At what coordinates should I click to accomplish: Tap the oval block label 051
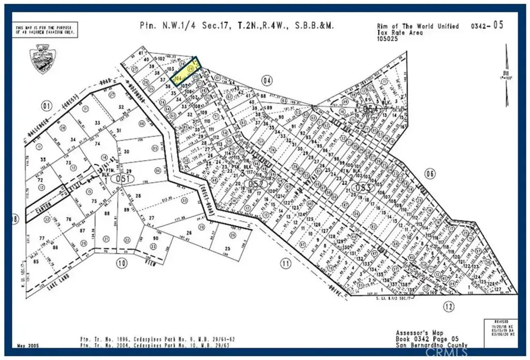click(122, 179)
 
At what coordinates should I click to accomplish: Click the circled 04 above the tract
click(267, 80)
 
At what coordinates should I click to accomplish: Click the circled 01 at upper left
click(48, 107)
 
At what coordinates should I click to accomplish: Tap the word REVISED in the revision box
click(499, 321)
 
